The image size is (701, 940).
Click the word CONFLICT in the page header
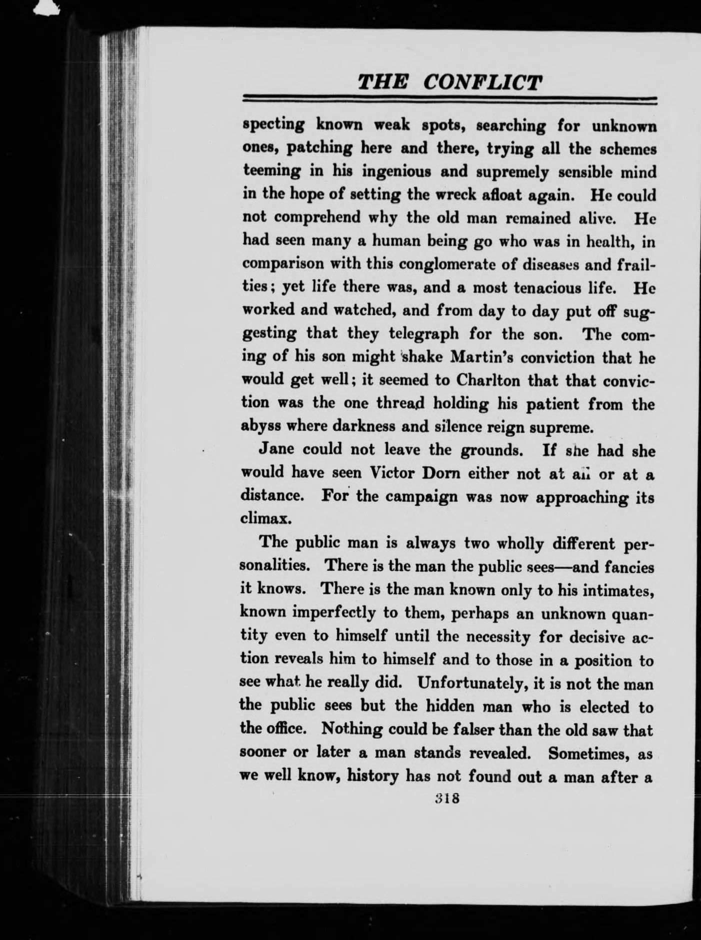point(482,81)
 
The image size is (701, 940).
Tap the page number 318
point(447,798)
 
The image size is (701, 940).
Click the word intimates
point(616,591)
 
